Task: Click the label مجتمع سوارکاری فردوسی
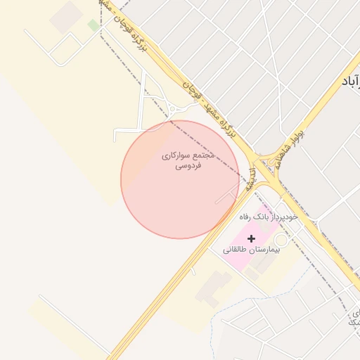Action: click(x=188, y=160)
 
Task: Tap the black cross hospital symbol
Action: click(x=252, y=239)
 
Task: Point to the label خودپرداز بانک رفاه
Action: click(x=268, y=217)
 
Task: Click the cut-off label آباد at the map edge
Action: click(x=349, y=82)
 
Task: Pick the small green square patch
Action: click(x=93, y=25)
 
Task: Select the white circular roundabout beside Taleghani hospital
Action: click(x=280, y=240)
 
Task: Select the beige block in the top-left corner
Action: click(x=67, y=15)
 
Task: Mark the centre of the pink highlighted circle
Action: click(x=180, y=179)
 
